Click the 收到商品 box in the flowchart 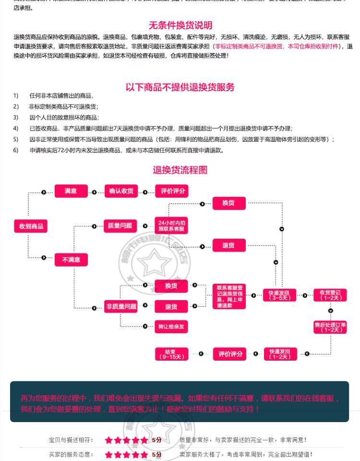[31, 226]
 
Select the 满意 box [71, 191]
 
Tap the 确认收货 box [121, 191]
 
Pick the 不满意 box [71, 260]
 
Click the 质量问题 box [120, 226]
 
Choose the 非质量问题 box [121, 306]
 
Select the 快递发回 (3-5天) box [279, 295]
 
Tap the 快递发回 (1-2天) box [280, 354]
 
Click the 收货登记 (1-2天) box [330, 295]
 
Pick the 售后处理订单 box [330, 327]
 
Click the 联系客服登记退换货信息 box [229, 296]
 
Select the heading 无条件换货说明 [180, 25]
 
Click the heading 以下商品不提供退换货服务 [180, 87]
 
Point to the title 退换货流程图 [180, 170]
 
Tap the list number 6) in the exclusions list [16, 150]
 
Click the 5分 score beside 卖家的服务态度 [157, 454]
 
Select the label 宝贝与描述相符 [71, 440]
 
